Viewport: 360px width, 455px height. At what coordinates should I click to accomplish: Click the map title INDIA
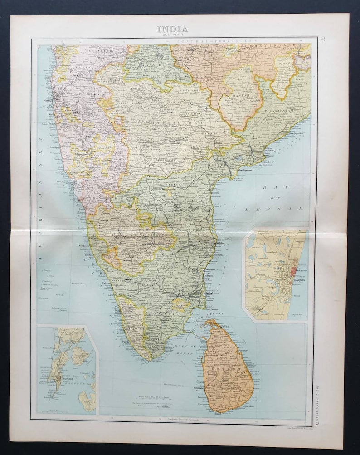173,29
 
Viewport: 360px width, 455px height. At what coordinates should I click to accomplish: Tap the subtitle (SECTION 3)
173,35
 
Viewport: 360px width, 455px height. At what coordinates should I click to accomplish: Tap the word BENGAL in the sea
274,209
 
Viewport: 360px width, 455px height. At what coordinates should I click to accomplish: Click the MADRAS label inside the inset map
296,280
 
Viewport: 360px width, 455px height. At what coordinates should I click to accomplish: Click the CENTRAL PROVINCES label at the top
213,41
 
